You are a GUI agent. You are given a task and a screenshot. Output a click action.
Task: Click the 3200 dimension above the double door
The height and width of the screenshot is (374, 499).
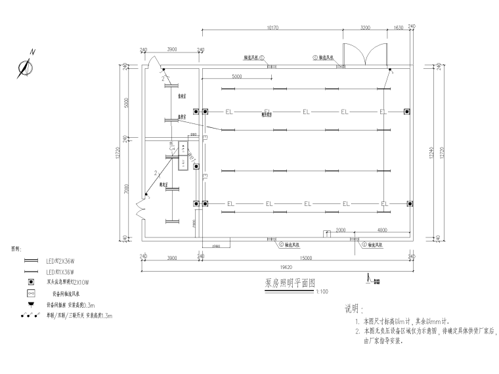[366, 28]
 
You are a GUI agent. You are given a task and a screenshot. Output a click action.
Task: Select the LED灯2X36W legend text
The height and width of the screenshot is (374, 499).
[60, 260]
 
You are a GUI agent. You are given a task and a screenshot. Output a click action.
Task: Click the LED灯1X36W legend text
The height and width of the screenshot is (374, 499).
[60, 271]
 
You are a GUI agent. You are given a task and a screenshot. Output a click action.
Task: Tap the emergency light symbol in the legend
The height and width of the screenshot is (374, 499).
[30, 283]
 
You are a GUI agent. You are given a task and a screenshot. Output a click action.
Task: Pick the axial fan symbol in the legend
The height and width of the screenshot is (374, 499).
[30, 294]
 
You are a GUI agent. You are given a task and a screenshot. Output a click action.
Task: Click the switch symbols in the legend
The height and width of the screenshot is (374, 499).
[30, 316]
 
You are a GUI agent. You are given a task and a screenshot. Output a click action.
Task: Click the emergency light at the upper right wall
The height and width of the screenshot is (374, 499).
[407, 111]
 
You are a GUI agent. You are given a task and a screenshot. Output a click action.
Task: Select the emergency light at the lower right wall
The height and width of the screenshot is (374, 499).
[407, 203]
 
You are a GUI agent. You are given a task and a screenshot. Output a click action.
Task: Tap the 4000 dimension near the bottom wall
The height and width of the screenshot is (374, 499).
[382, 230]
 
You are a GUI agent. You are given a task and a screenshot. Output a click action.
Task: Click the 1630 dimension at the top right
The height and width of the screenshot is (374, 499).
[398, 28]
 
